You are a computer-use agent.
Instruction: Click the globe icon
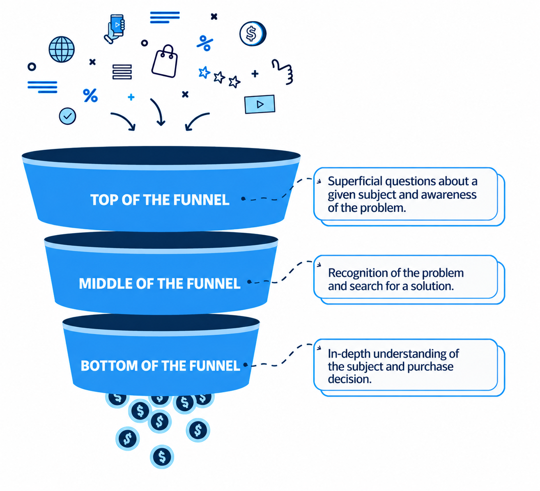coord(61,49)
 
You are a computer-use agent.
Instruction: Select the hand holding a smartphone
coord(115,29)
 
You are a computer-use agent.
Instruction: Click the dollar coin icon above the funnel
coord(253,34)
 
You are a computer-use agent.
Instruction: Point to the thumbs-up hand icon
coord(283,72)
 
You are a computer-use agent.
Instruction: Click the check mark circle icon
coord(67,116)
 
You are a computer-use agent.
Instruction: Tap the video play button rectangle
coord(260,104)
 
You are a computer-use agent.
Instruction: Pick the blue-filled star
coord(204,72)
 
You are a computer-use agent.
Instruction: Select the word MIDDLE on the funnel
coord(106,284)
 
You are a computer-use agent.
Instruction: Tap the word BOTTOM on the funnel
coord(109,366)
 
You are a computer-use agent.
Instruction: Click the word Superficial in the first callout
coord(355,181)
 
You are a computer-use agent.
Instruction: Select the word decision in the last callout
coord(350,379)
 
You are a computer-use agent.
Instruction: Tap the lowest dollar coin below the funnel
coord(162,457)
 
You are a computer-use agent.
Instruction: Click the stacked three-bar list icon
coord(122,72)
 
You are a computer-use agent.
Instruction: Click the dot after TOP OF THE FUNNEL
coord(244,199)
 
